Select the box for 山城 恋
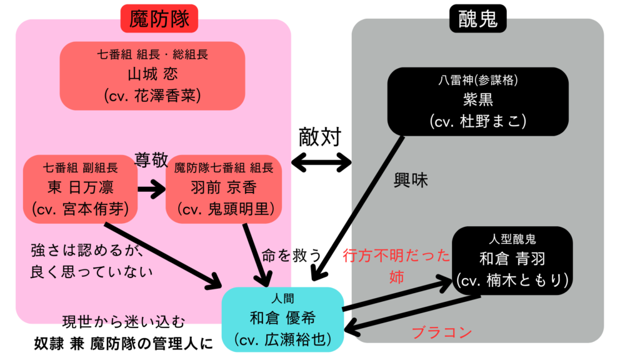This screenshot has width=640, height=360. (152, 75)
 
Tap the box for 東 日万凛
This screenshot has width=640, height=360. (80, 189)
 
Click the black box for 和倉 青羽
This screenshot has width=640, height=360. (512, 258)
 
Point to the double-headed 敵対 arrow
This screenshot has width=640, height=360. (321, 163)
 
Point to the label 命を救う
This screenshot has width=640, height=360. (292, 255)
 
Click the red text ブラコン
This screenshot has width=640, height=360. (441, 332)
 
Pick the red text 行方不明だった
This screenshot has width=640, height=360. (397, 256)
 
